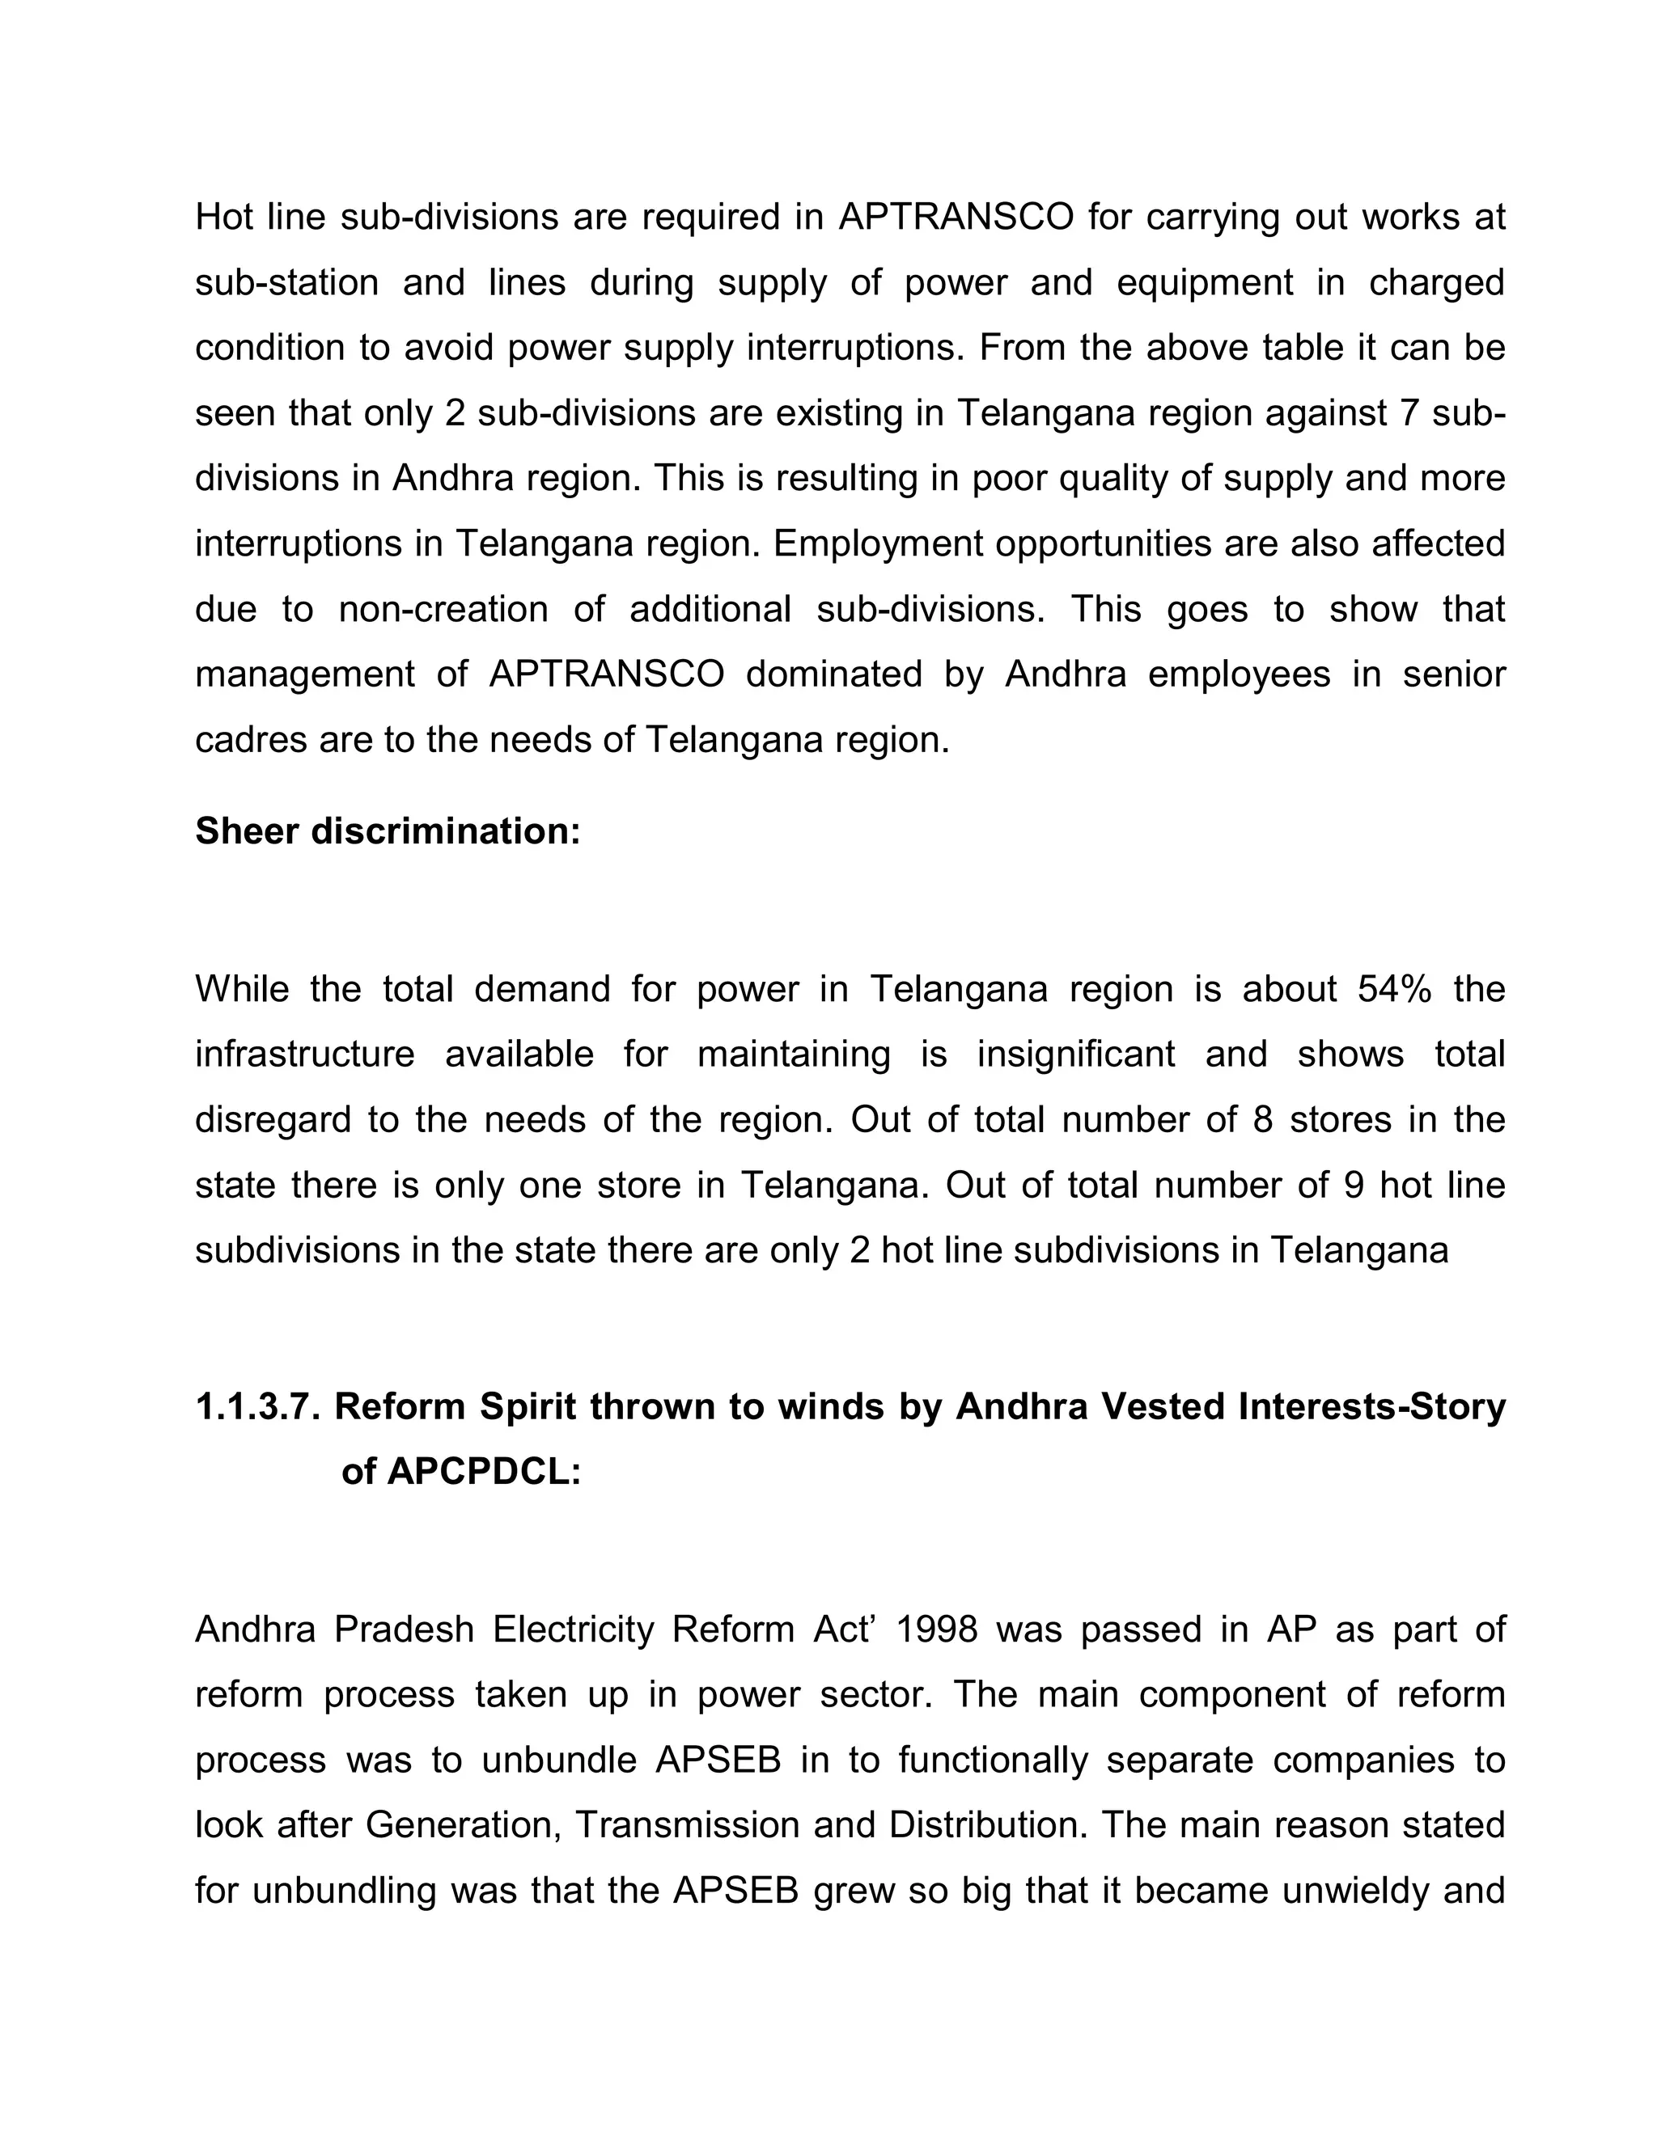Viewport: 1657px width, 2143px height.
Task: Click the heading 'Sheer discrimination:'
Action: [x=388, y=831]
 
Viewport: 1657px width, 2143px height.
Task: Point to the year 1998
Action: [x=938, y=1629]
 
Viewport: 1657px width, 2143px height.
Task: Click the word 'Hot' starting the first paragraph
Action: [x=225, y=217]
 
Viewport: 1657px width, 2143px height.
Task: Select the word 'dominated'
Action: [x=834, y=674]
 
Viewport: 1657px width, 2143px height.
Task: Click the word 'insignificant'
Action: [x=1075, y=1054]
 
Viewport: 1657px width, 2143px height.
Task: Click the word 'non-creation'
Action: [x=443, y=610]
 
